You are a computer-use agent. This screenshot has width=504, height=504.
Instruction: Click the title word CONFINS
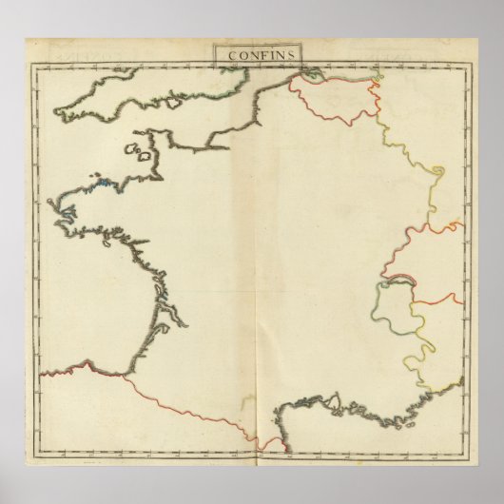point(252,54)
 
